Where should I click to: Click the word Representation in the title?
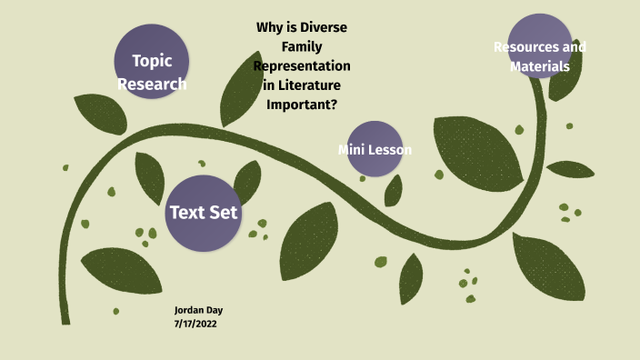[x=302, y=66]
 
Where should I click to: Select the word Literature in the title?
[x=307, y=85]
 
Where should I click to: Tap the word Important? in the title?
[x=302, y=105]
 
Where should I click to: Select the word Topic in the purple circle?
[x=152, y=61]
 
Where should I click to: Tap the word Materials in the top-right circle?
[x=540, y=66]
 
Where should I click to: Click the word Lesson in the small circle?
[x=391, y=150]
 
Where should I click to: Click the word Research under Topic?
[x=152, y=85]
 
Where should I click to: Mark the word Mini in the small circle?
[x=352, y=150]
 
